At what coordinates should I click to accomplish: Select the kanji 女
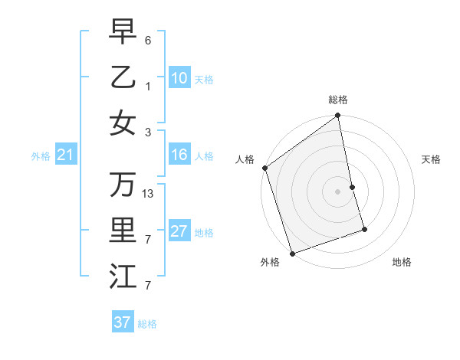click(122, 123)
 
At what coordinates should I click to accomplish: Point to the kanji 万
click(122, 184)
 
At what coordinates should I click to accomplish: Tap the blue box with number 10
click(179, 77)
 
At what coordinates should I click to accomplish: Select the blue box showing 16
click(179, 155)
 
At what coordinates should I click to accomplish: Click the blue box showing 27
click(179, 231)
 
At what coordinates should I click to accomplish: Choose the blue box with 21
click(65, 155)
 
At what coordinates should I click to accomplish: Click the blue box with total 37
click(122, 322)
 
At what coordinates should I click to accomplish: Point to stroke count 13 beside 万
click(148, 193)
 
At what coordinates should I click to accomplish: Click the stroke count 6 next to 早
click(148, 39)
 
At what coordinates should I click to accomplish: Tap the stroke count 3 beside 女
click(148, 132)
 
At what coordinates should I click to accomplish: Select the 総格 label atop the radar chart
click(338, 100)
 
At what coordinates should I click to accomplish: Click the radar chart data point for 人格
click(264, 168)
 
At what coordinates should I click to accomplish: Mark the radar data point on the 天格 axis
click(352, 187)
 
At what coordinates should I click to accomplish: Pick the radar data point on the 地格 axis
click(364, 229)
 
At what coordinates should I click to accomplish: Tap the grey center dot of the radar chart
click(338, 191)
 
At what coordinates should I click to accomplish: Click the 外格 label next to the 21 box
click(40, 155)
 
